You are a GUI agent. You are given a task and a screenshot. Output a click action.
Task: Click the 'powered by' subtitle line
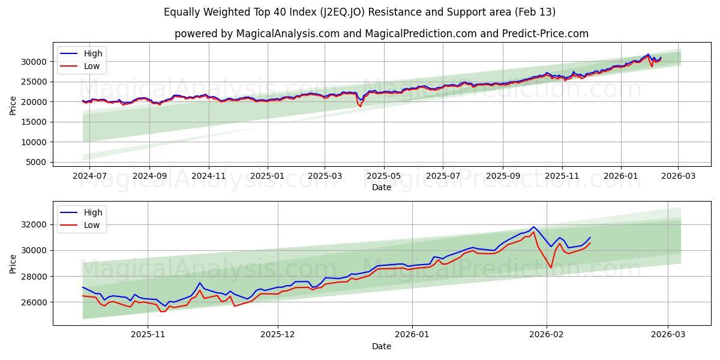tap(381, 34)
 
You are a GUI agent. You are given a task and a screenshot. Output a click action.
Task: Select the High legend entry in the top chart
tap(93, 53)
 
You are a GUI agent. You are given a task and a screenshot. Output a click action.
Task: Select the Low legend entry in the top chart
tap(92, 67)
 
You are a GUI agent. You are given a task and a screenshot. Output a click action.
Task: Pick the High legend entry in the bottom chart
tap(93, 212)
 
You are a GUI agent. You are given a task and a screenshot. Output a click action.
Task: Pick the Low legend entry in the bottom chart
tap(92, 226)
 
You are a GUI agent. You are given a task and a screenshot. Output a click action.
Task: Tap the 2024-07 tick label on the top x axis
tap(89, 176)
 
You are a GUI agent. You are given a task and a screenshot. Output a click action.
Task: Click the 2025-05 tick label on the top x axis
tap(383, 176)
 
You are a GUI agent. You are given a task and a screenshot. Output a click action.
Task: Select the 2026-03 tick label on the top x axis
tap(678, 176)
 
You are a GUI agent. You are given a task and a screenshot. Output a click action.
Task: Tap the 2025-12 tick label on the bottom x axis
tap(279, 335)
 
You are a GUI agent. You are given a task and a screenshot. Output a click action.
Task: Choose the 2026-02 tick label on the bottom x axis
tap(547, 335)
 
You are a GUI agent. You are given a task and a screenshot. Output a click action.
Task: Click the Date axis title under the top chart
tap(381, 187)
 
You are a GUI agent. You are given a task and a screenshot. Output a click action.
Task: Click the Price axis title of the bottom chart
tap(13, 263)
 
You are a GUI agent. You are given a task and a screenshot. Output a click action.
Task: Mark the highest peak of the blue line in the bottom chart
tap(533, 227)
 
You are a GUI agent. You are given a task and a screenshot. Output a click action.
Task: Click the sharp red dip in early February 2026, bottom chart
tap(551, 268)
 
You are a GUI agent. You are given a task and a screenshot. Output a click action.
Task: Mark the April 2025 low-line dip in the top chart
tap(361, 107)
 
